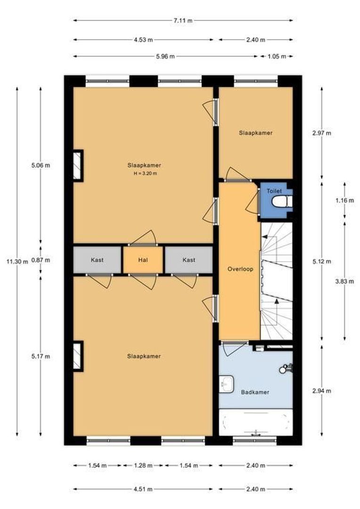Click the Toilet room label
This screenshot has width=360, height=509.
click(x=274, y=191)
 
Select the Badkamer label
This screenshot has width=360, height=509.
click(x=255, y=392)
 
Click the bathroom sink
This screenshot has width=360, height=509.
click(x=226, y=385)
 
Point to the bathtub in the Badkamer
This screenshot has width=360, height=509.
click(x=256, y=422)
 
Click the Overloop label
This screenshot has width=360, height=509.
click(x=240, y=269)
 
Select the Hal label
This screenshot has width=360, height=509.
click(x=143, y=260)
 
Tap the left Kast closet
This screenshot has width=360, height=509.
click(x=97, y=260)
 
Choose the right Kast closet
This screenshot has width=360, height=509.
click(x=189, y=260)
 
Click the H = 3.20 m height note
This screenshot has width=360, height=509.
click(x=146, y=173)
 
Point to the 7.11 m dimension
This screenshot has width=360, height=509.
click(x=183, y=20)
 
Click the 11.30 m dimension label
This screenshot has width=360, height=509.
click(x=17, y=261)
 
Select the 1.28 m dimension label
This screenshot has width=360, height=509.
click(x=143, y=466)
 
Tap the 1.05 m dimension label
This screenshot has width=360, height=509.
click(x=277, y=57)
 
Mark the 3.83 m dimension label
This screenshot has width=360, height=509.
click(x=344, y=281)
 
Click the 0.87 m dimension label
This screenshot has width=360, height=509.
click(x=41, y=260)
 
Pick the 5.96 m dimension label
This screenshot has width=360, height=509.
click(x=165, y=57)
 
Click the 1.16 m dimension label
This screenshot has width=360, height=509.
click(x=344, y=200)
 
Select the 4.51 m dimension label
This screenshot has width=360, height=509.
click(x=143, y=489)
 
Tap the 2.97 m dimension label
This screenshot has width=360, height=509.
click(x=322, y=133)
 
